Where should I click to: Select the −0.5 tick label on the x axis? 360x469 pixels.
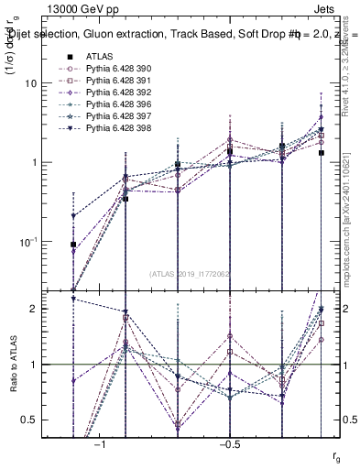(229, 444)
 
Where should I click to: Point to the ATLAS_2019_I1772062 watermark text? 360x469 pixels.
(190, 273)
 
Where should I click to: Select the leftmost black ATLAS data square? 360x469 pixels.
(73, 245)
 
